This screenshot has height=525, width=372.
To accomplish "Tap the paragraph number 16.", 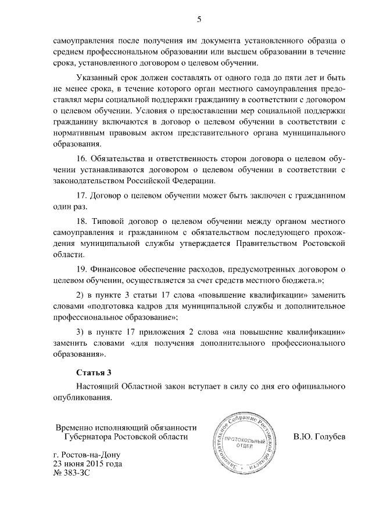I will coord(82,158).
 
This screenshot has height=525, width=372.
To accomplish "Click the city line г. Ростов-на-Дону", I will coord(85,455).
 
